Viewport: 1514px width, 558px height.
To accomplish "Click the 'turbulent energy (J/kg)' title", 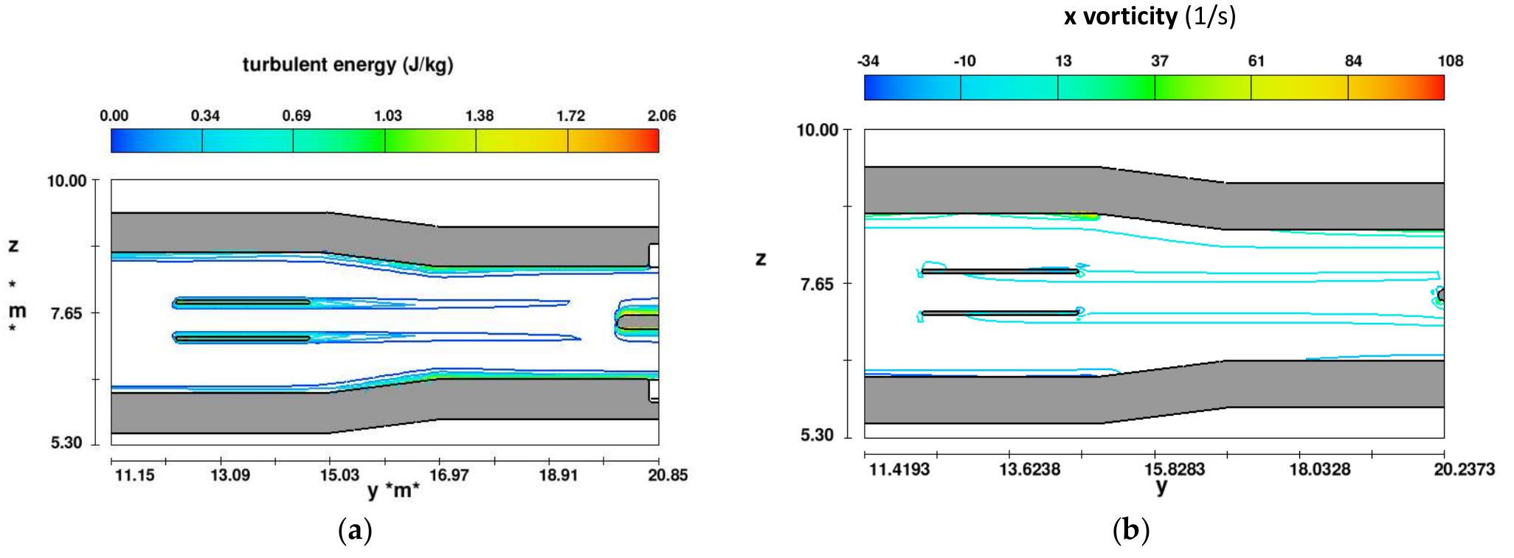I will [x=348, y=66].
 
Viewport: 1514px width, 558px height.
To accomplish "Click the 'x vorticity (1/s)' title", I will [x=1149, y=17].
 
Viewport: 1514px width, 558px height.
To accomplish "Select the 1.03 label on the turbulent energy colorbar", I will [x=388, y=116].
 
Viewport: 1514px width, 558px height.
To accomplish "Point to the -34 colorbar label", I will [x=868, y=61].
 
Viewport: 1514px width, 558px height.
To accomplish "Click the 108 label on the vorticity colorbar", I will [x=1451, y=61].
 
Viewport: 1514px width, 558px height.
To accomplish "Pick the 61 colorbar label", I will [x=1256, y=61].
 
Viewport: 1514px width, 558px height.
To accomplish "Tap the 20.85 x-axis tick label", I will [x=668, y=475].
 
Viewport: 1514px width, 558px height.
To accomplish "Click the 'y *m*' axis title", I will [x=393, y=490].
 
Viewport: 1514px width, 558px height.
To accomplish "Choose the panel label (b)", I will [x=1130, y=531].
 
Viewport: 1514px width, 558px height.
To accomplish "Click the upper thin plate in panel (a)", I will [x=242, y=302].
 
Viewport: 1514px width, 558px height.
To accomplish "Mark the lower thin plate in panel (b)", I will [x=1000, y=313].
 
